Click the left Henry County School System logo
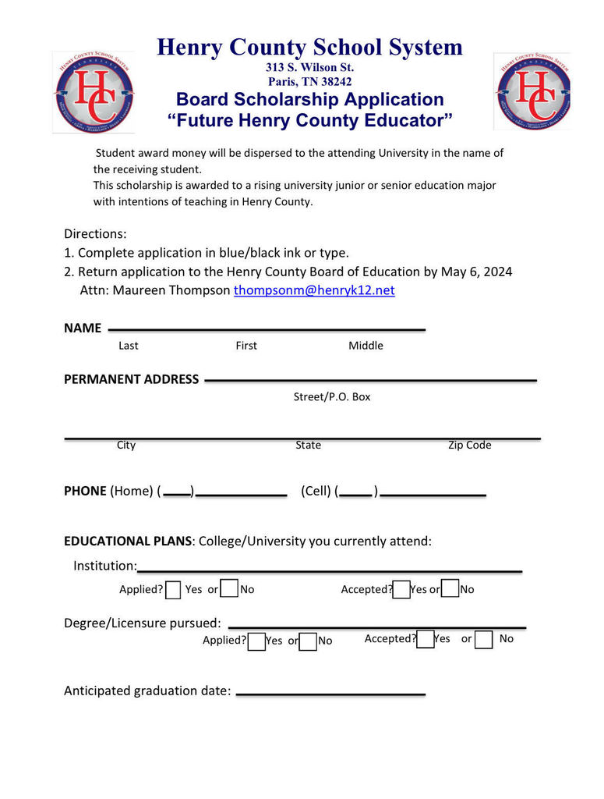[94, 92]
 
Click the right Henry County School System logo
[533, 92]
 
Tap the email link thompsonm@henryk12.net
[314, 290]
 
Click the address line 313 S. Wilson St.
[309, 67]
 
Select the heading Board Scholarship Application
[309, 99]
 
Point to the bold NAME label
[83, 328]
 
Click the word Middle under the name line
[366, 346]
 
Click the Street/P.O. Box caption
[332, 396]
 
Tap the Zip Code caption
[469, 445]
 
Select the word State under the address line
[308, 445]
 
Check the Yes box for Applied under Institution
[174, 590]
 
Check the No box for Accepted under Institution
[450, 590]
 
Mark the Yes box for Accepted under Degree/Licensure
[426, 640]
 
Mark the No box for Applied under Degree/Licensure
[309, 641]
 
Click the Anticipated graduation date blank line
[330, 693]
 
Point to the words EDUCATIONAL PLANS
[128, 541]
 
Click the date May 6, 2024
[476, 272]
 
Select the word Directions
[94, 234]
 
